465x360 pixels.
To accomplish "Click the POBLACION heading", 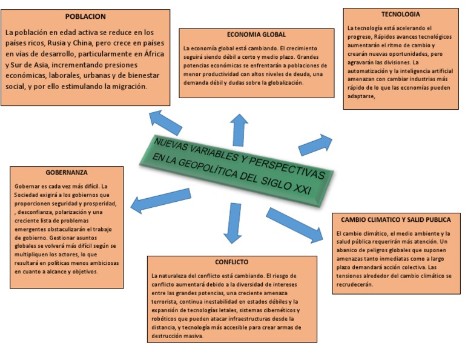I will click(x=85, y=16).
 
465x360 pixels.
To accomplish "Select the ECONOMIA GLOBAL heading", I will click(x=256, y=35).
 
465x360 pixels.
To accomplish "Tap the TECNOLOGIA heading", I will click(x=400, y=14).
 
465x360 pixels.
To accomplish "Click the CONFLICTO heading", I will click(x=231, y=262).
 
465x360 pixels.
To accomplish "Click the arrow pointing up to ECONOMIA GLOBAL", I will click(x=240, y=128).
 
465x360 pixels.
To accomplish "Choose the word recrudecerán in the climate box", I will click(x=354, y=284).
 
